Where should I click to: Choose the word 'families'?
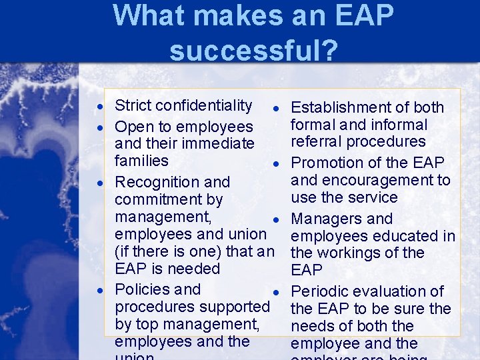[x=141, y=161]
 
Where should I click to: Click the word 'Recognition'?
[x=155, y=182]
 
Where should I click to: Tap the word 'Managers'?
[x=325, y=219]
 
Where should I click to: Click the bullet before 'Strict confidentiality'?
[x=99, y=107]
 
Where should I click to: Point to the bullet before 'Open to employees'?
[x=99, y=127]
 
